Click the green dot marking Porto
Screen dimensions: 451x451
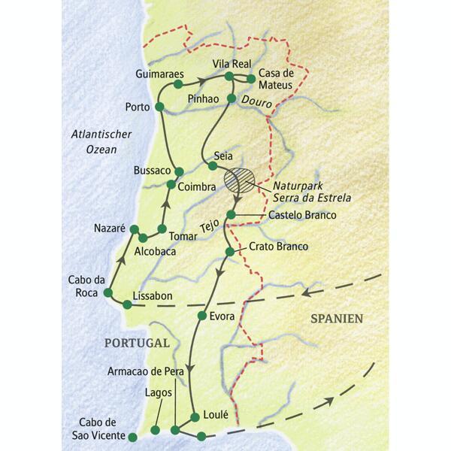tap(159, 107)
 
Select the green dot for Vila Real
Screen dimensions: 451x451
tap(229, 76)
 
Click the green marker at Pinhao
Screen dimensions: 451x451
tap(232, 97)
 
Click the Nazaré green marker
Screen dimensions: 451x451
tap(135, 229)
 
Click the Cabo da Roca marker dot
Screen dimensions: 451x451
tap(108, 293)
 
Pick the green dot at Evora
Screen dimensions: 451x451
tap(201, 316)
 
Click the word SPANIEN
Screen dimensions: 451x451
tap(337, 319)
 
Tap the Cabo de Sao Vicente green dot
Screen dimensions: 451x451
tap(133, 436)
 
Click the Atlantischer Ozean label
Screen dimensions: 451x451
tap(101, 142)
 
